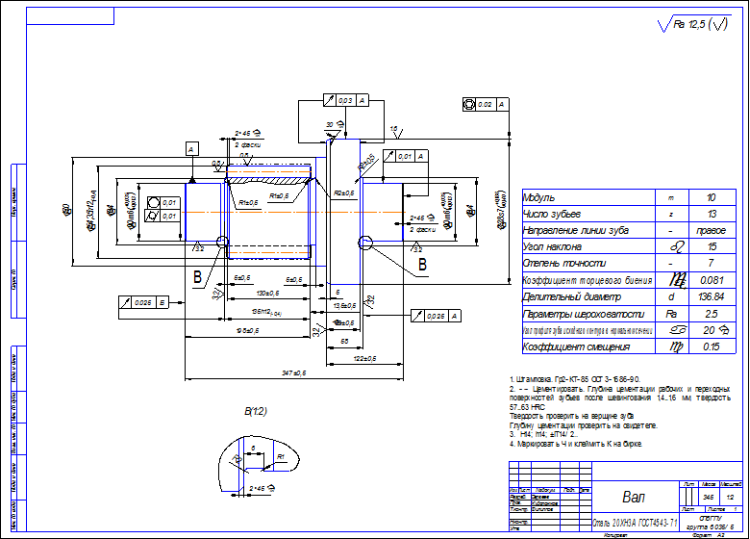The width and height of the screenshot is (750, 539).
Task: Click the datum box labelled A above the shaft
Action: click(x=191, y=149)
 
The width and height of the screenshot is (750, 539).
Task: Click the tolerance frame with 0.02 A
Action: click(x=485, y=102)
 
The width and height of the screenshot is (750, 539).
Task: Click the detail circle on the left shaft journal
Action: click(x=223, y=242)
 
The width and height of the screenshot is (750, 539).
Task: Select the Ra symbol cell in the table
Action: click(x=671, y=314)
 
